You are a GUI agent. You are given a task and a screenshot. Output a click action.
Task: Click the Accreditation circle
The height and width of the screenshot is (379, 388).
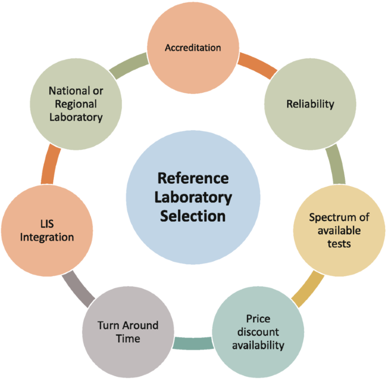[x=193, y=48]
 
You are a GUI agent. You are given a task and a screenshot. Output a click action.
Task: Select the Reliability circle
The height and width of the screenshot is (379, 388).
[x=310, y=105]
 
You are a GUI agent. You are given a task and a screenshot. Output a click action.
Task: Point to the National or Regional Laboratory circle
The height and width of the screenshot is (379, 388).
[x=75, y=105]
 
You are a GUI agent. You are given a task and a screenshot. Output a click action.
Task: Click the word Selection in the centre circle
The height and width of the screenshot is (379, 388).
[x=193, y=216]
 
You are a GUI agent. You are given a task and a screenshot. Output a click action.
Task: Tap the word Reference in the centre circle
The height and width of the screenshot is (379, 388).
[x=193, y=179]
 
